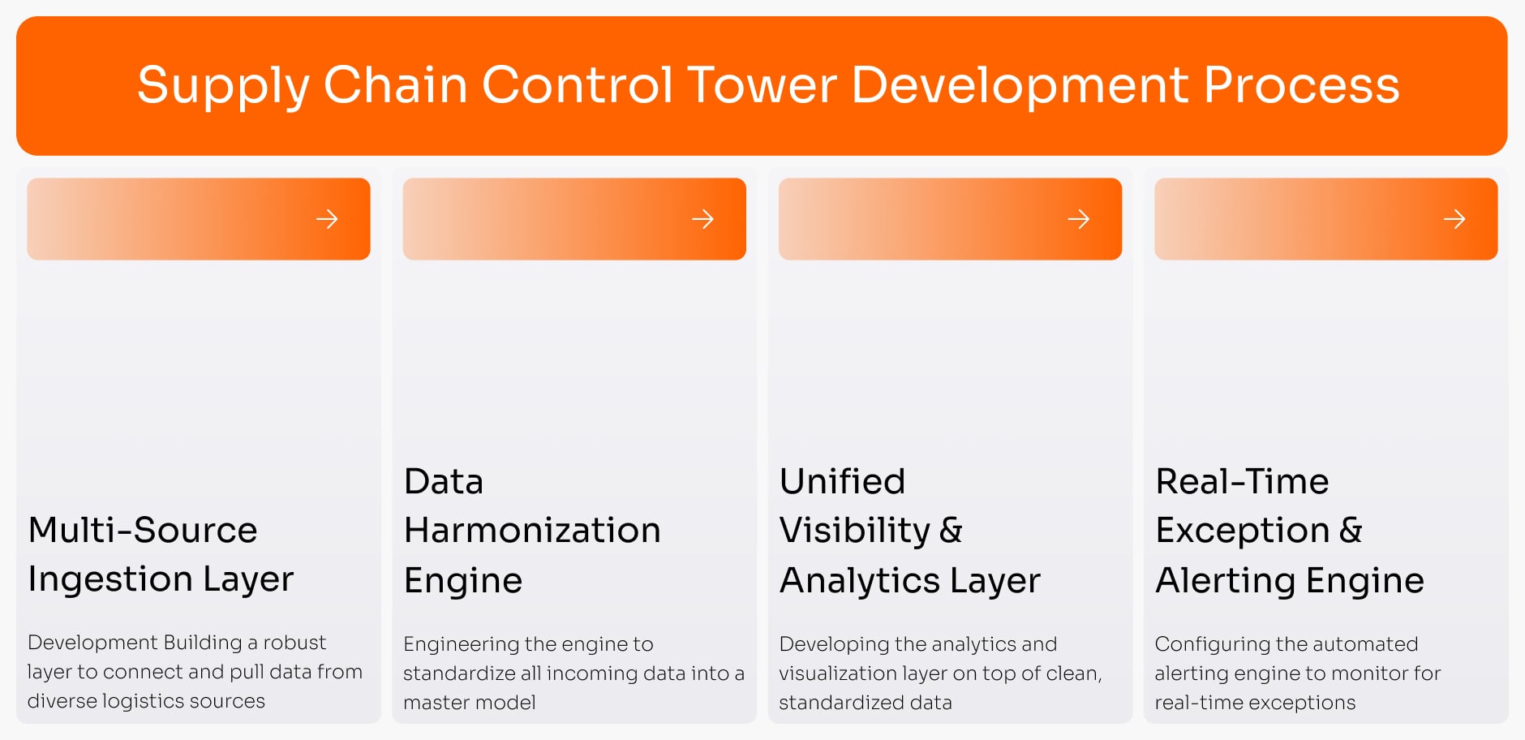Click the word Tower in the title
(762, 85)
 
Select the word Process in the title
(1301, 85)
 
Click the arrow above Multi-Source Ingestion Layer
(327, 219)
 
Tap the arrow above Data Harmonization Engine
(702, 219)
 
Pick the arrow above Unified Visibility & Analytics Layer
(1078, 219)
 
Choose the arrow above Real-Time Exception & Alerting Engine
(1454, 219)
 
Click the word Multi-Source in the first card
(143, 531)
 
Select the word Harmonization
(532, 531)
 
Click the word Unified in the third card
(842, 482)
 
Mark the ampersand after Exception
(1351, 531)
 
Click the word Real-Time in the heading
(1242, 482)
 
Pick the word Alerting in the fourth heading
(1225, 581)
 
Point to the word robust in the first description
(294, 643)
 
